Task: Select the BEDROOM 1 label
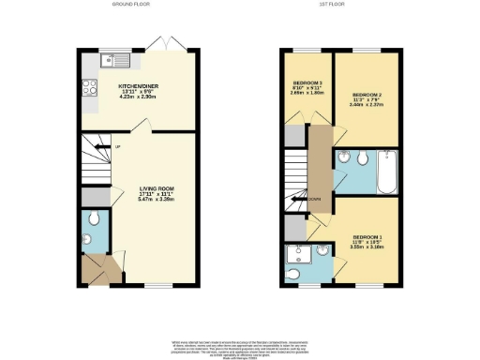tap(368, 236)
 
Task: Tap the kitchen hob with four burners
tap(90, 90)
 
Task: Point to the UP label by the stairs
tap(118, 147)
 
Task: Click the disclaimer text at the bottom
tap(241, 345)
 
